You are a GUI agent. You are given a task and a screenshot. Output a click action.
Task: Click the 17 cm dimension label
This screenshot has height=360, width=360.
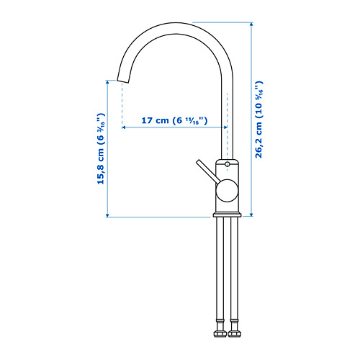tap(174, 120)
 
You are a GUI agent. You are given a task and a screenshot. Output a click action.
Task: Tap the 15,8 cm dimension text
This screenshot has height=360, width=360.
tap(101, 148)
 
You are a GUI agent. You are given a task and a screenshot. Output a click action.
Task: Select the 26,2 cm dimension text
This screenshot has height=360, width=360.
tap(259, 120)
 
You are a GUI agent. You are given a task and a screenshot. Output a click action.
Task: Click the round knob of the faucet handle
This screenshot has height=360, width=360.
tap(227, 190)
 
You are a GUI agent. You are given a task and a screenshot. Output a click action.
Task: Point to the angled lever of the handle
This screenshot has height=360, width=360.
tap(207, 171)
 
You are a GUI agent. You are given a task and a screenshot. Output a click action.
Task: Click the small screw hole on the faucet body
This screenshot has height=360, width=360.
tap(228, 164)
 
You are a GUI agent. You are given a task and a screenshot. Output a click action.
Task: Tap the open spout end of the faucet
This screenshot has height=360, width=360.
tap(122, 81)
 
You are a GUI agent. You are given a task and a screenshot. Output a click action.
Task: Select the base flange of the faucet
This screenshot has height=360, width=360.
tap(227, 215)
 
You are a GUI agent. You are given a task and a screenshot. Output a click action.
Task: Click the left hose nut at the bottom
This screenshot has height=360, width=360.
tap(220, 333)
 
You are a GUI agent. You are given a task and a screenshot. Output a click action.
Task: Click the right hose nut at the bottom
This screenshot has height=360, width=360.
tap(234, 333)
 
